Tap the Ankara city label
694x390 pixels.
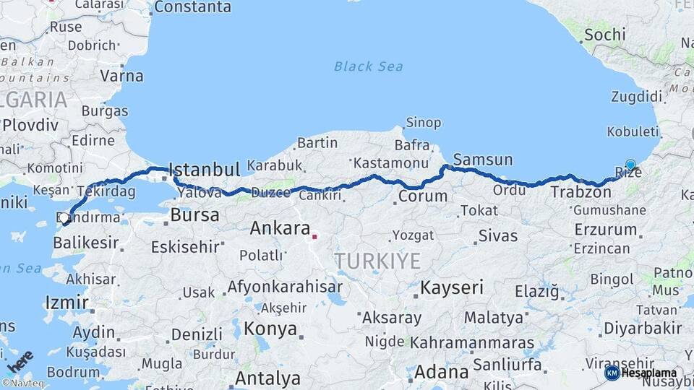(280, 229)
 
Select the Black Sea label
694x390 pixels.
(368, 66)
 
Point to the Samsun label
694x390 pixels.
(483, 160)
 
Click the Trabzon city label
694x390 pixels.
(581, 192)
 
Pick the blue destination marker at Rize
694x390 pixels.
(630, 165)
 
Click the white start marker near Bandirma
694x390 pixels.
(64, 217)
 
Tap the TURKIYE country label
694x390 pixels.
(377, 261)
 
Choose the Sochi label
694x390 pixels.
(604, 35)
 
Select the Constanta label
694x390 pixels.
(192, 7)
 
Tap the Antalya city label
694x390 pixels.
(267, 378)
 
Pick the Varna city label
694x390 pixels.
(121, 74)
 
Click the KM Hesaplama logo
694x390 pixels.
(641, 373)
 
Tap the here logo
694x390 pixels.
(20, 361)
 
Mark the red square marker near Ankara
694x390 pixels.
(314, 235)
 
